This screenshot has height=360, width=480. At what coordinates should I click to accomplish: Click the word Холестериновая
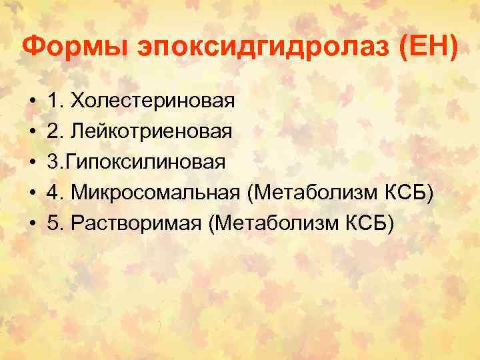(x=153, y=101)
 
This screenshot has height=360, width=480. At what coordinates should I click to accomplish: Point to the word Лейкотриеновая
(x=152, y=131)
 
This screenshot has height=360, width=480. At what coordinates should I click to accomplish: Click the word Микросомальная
(x=155, y=192)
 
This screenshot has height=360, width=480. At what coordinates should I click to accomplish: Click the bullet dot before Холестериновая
(x=33, y=102)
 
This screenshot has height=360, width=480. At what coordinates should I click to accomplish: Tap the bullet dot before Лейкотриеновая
(x=33, y=132)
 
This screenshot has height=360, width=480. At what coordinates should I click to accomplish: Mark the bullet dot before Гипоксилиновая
(x=33, y=162)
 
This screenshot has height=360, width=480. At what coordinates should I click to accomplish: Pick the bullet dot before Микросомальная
(x=33, y=193)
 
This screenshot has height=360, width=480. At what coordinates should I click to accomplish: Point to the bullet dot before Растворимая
(x=33, y=223)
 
